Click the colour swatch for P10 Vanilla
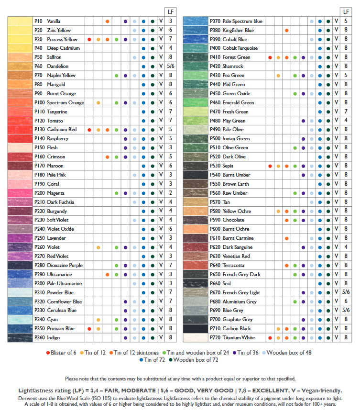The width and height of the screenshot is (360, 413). tap(20, 21)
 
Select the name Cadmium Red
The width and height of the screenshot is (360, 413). tap(62, 130)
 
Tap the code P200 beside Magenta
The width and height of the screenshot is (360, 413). tap(40, 193)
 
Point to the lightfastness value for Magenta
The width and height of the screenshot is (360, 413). tap(171, 193)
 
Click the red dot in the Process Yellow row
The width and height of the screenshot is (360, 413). tap(89, 39)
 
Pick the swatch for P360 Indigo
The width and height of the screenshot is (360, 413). tap(20, 337)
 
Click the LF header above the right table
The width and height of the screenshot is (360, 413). tap(346, 11)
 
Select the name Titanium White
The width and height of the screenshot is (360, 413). tap(239, 337)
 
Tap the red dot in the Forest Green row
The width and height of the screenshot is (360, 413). tap(270, 57)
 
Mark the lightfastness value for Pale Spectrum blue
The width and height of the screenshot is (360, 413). tap(346, 21)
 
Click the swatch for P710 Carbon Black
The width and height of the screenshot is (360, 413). tap(195, 328)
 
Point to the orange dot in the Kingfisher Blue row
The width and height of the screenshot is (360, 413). tap(286, 30)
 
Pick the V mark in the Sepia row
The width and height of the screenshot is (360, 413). tap(337, 166)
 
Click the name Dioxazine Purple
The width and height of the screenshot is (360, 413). tap(65, 265)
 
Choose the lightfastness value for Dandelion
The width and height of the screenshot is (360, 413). tap(171, 67)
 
